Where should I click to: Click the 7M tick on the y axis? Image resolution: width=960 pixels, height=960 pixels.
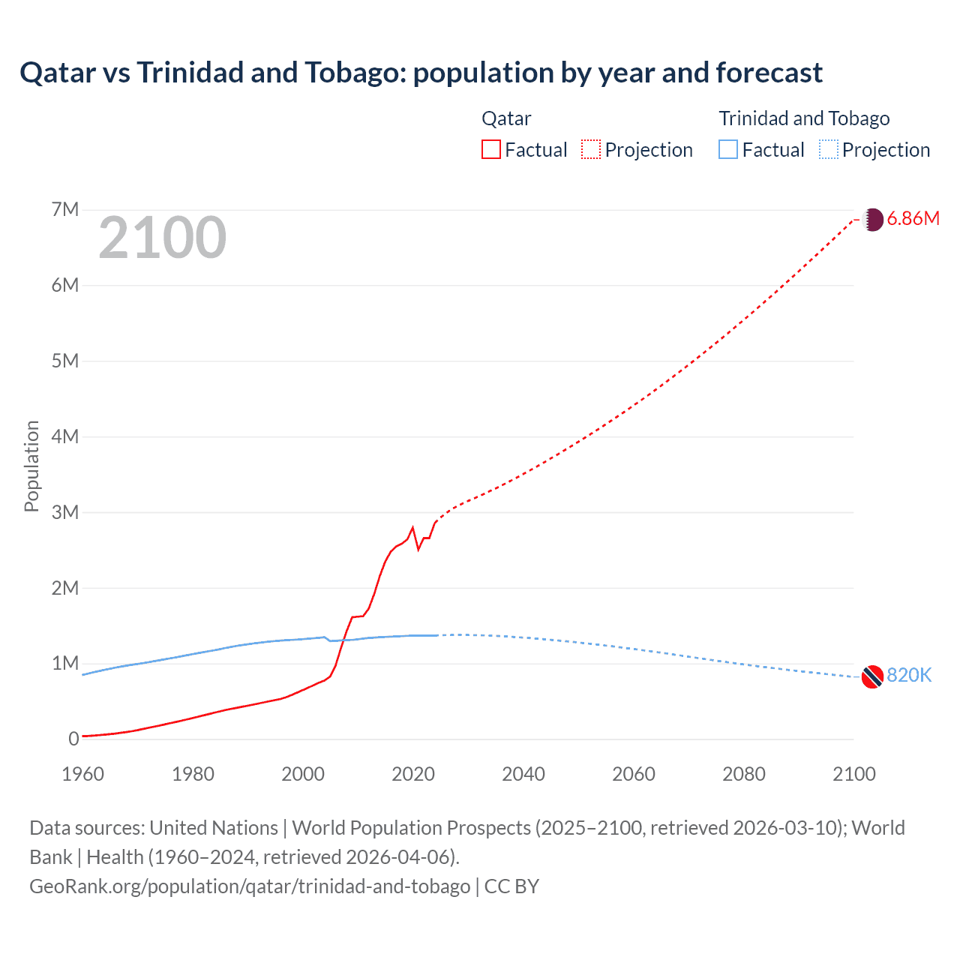[x=65, y=209]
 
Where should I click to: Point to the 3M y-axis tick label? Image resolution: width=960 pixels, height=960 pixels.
[x=65, y=512]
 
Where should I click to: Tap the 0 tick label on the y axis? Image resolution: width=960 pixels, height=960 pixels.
[x=73, y=739]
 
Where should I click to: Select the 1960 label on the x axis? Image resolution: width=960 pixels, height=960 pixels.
[x=82, y=774]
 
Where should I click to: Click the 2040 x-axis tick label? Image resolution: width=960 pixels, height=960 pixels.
[x=523, y=774]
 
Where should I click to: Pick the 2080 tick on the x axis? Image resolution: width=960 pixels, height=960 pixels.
[x=744, y=774]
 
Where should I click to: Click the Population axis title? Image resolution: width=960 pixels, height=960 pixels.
[x=31, y=466]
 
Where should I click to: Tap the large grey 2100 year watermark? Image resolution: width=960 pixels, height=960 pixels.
[x=162, y=238]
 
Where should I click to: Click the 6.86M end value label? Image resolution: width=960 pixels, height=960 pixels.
[x=913, y=218]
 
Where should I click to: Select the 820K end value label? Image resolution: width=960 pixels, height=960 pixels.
[x=909, y=675]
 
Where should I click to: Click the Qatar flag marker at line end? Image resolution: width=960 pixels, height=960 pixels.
[x=873, y=220]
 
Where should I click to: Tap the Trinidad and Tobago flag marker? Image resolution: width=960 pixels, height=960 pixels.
[x=872, y=676]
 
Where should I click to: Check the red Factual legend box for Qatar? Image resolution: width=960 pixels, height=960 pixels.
[x=491, y=149]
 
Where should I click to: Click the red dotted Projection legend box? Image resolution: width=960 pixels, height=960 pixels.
[x=591, y=149]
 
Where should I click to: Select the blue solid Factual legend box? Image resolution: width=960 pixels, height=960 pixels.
[x=728, y=149]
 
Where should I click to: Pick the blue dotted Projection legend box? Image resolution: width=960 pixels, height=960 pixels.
[x=829, y=149]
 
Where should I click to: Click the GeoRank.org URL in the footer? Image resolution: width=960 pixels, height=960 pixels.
[x=250, y=886]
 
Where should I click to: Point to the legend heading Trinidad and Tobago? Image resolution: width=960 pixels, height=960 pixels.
[x=804, y=118]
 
